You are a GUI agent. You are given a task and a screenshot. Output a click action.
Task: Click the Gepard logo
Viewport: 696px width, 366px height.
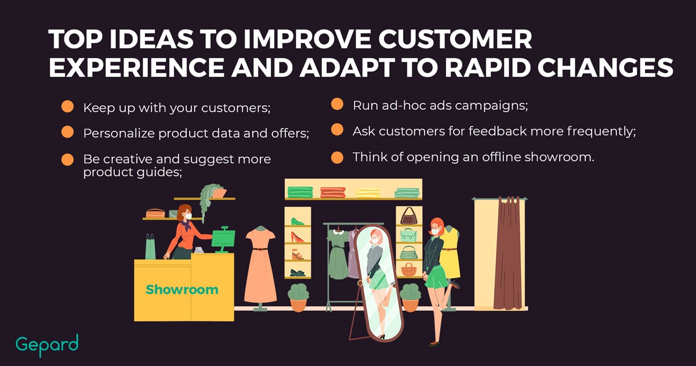[x=47, y=345]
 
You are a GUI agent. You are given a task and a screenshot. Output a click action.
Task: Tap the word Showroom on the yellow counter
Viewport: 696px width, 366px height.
[x=182, y=289]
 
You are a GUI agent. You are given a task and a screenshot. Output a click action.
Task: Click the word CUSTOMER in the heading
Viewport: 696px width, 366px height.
[x=455, y=40]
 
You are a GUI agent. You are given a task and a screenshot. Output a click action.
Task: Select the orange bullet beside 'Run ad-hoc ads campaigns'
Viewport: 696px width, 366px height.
[x=337, y=104]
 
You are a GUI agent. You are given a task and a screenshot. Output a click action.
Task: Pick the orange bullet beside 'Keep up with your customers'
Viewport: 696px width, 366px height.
[x=67, y=106]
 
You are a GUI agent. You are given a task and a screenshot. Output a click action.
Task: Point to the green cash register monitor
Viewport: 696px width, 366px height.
[x=223, y=239]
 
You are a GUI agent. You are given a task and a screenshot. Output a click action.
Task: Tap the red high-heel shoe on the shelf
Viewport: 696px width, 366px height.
[x=297, y=237]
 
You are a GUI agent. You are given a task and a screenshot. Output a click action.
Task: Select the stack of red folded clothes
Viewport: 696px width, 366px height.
[x=333, y=192]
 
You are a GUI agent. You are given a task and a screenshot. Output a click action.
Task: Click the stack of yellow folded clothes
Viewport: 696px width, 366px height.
[x=368, y=193]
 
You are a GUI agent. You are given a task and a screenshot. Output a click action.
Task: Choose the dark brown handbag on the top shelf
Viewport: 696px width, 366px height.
[x=408, y=216]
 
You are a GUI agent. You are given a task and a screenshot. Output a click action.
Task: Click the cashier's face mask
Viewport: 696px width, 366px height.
[x=188, y=216]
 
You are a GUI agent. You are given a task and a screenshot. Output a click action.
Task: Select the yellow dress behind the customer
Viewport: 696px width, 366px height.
[x=451, y=252]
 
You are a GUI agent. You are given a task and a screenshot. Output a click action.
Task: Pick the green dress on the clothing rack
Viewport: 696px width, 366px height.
[x=338, y=254]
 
